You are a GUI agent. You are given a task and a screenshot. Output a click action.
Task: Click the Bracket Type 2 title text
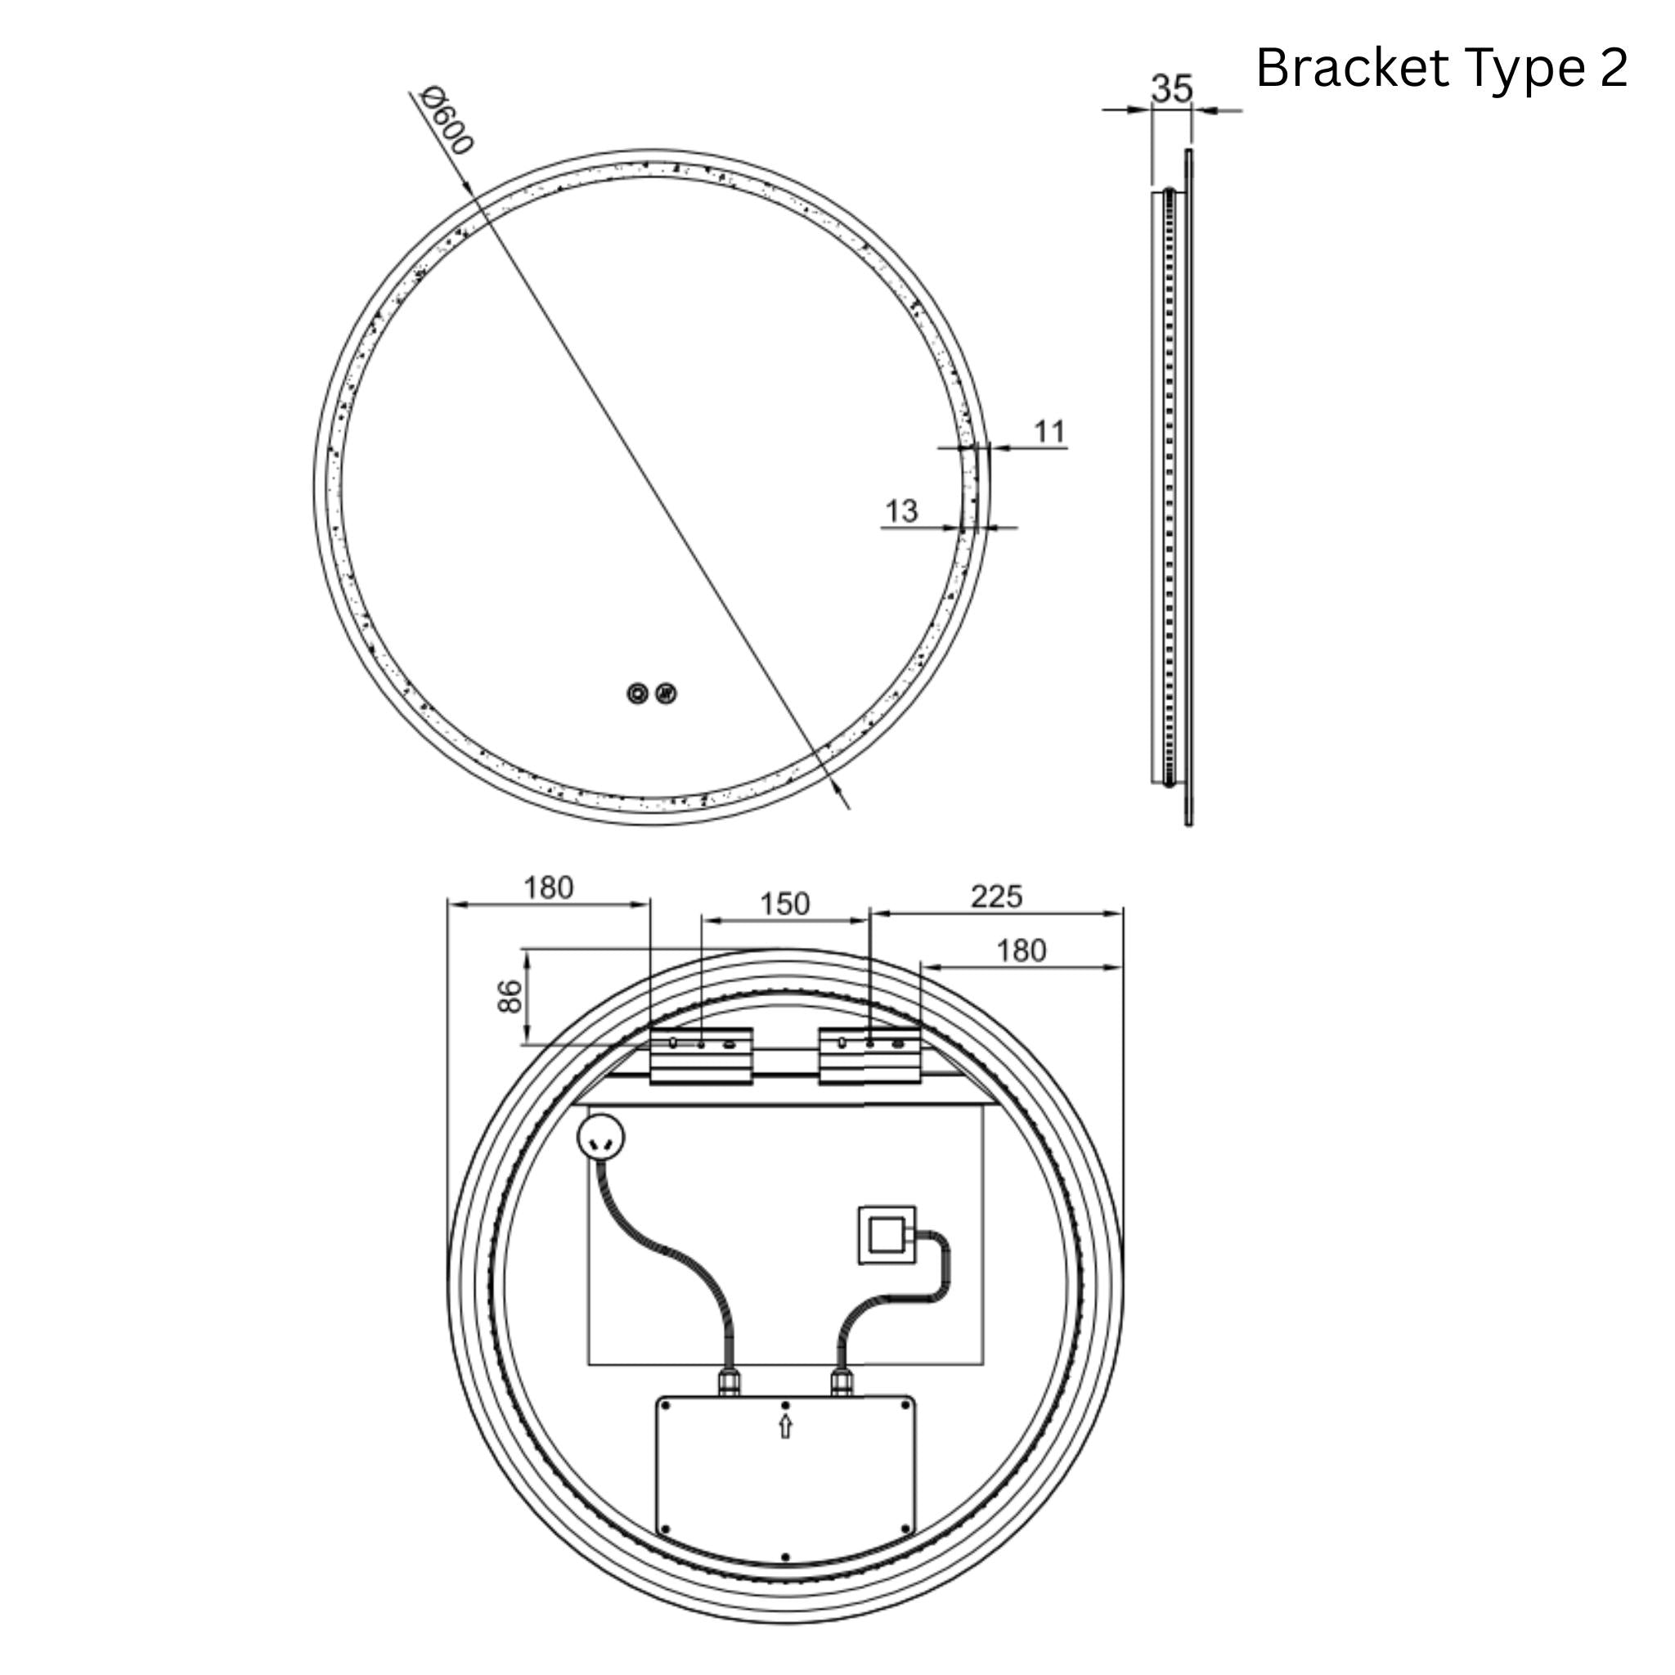(x=1441, y=69)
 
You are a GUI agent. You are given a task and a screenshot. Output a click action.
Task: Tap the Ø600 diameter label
(x=447, y=120)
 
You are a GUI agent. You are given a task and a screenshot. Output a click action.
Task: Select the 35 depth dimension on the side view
(x=1172, y=88)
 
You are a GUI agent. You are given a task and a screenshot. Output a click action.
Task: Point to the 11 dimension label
(x=1049, y=431)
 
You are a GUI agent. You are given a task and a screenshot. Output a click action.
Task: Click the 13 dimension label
(x=900, y=510)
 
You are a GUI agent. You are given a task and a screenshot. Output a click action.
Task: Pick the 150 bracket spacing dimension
(x=784, y=904)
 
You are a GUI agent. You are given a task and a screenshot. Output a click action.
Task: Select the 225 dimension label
(x=996, y=896)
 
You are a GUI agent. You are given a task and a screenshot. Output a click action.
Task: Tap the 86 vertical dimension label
(x=510, y=996)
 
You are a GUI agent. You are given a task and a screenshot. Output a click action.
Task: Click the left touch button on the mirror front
(x=637, y=694)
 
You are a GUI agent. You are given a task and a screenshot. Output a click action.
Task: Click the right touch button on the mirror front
(x=666, y=694)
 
